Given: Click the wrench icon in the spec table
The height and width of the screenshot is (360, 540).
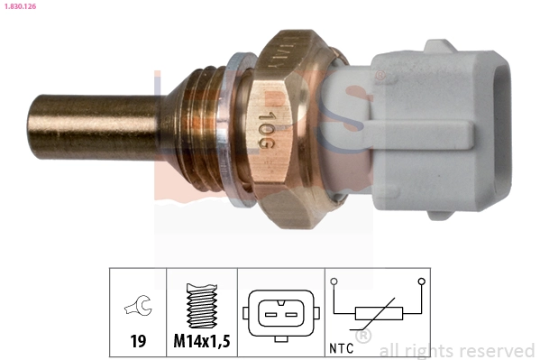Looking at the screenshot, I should point(138,309).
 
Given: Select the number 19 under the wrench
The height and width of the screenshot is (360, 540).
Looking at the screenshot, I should point(138,342).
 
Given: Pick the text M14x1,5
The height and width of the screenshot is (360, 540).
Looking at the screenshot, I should point(201,342).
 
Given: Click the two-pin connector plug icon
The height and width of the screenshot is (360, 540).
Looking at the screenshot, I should point(280,312).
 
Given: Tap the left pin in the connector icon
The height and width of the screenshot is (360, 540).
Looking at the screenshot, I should point(270,313).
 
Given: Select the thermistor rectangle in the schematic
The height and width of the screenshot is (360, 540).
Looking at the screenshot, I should point(379,314).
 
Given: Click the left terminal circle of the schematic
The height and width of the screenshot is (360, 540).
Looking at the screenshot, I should point(334,282).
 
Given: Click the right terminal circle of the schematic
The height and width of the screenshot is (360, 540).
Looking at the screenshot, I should point(422,282).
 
